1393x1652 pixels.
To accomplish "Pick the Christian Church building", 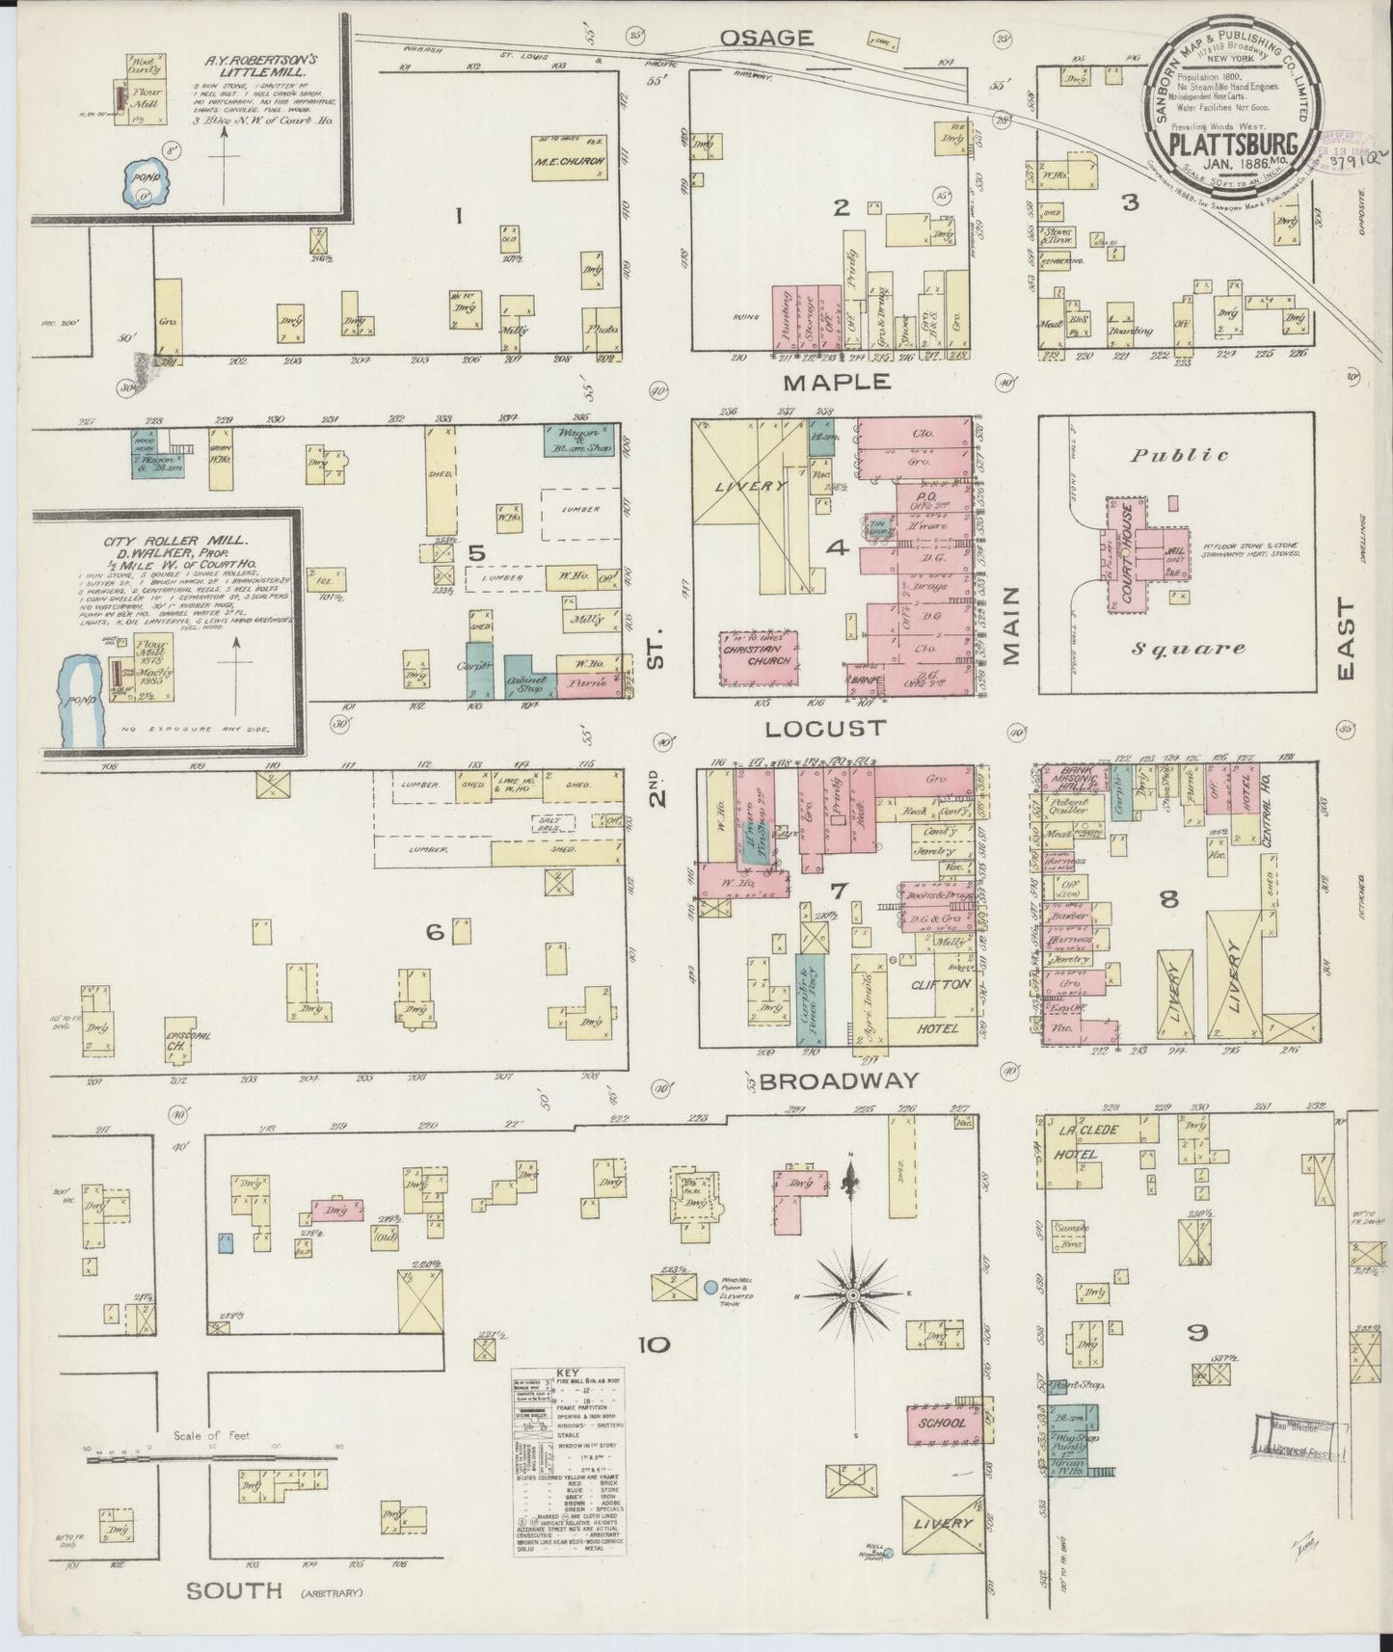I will (x=758, y=655).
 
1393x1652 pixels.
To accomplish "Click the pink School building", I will (x=943, y=1423).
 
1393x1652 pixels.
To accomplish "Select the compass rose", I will (x=851, y=1297).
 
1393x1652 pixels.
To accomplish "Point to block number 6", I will (x=435, y=932).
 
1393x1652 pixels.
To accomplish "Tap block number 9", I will (x=1197, y=1334).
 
